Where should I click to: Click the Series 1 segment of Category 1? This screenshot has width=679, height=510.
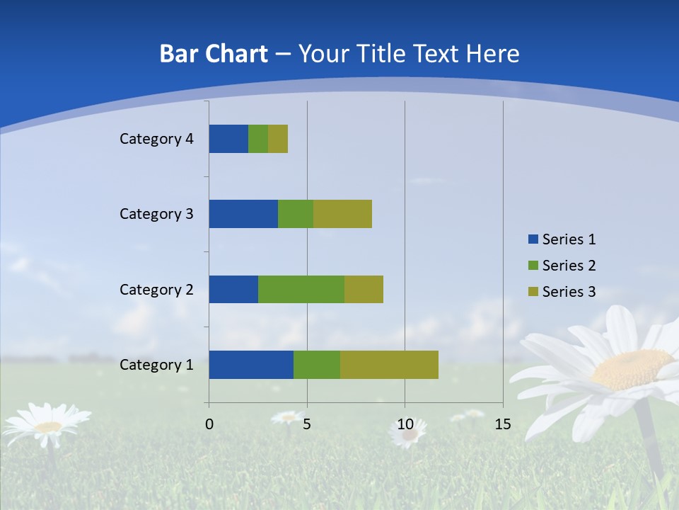(x=251, y=365)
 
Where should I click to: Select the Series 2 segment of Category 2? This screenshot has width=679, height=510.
(x=301, y=289)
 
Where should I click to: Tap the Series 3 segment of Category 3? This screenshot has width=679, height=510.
(x=342, y=214)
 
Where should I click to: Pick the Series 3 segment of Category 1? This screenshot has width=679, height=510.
(x=389, y=365)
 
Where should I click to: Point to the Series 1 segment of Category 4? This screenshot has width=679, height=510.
(x=228, y=139)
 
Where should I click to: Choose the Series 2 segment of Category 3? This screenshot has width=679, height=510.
(x=296, y=214)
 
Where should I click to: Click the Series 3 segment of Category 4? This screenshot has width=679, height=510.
(x=278, y=139)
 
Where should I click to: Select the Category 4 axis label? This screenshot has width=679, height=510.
(x=156, y=139)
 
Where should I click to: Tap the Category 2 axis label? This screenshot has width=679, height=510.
(x=156, y=289)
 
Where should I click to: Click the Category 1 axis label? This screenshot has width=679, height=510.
(x=156, y=365)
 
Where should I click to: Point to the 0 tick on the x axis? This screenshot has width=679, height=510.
(x=209, y=424)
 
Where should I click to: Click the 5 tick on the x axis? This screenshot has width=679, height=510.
(x=307, y=424)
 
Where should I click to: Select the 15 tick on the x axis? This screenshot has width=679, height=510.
(x=502, y=424)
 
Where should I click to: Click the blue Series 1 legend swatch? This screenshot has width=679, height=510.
(x=533, y=239)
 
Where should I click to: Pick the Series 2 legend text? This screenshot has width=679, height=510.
(x=569, y=266)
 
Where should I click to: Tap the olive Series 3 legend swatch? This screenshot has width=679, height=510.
(x=533, y=292)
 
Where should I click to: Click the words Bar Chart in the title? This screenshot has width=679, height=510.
(x=214, y=54)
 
